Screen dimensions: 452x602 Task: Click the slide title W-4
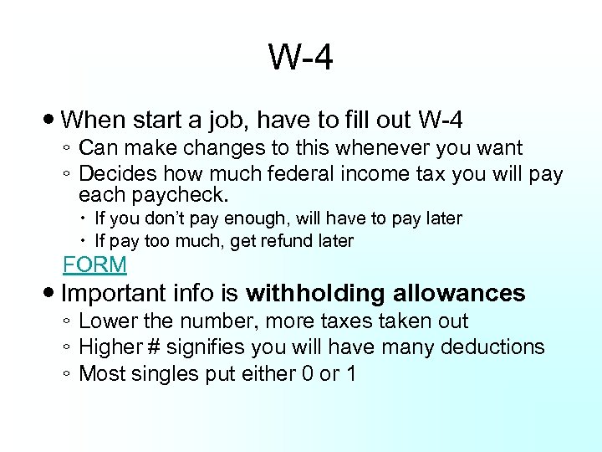tap(301, 59)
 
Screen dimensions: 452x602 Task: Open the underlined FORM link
tap(95, 265)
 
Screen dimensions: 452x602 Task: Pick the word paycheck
tap(184, 196)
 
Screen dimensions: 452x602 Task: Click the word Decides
tap(118, 174)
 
